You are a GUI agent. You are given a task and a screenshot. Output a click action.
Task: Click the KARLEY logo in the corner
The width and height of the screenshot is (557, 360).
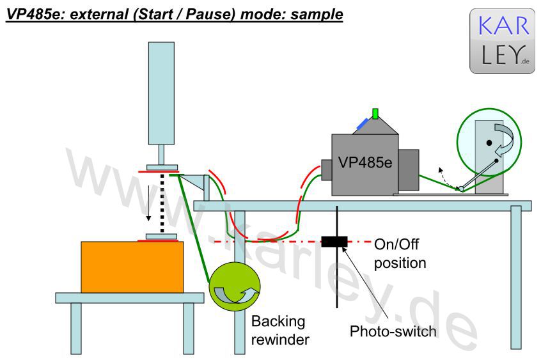(502, 41)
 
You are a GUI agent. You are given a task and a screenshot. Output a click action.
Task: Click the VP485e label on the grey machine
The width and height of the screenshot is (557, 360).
(365, 162)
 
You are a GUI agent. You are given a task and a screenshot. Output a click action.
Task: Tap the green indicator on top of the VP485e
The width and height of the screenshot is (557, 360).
(375, 113)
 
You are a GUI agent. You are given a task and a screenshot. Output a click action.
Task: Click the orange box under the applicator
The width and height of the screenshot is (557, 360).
(132, 267)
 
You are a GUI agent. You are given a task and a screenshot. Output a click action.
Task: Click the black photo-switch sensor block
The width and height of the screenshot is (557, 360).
(334, 241)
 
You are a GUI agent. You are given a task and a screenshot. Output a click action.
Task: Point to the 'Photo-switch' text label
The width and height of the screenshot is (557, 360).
(393, 331)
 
